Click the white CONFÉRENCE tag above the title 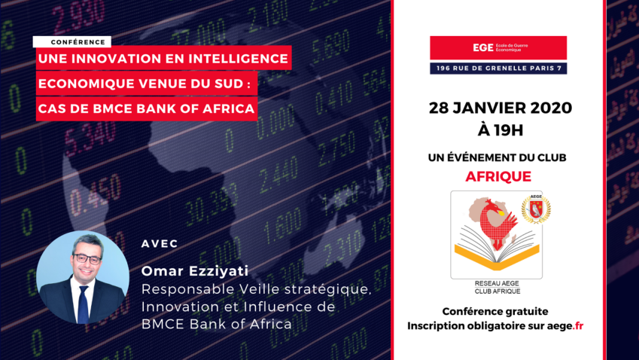point(72,42)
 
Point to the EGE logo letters point(483,47)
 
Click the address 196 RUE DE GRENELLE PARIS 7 point(498,68)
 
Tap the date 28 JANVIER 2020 point(501,108)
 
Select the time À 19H point(500,130)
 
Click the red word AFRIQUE point(498,176)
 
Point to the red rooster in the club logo point(495,224)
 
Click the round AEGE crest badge point(536,209)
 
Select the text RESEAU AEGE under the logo point(497,283)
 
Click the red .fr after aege point(578,326)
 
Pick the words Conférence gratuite point(495,312)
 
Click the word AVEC point(160,244)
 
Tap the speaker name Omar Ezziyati point(195,270)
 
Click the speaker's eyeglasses point(87,259)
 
